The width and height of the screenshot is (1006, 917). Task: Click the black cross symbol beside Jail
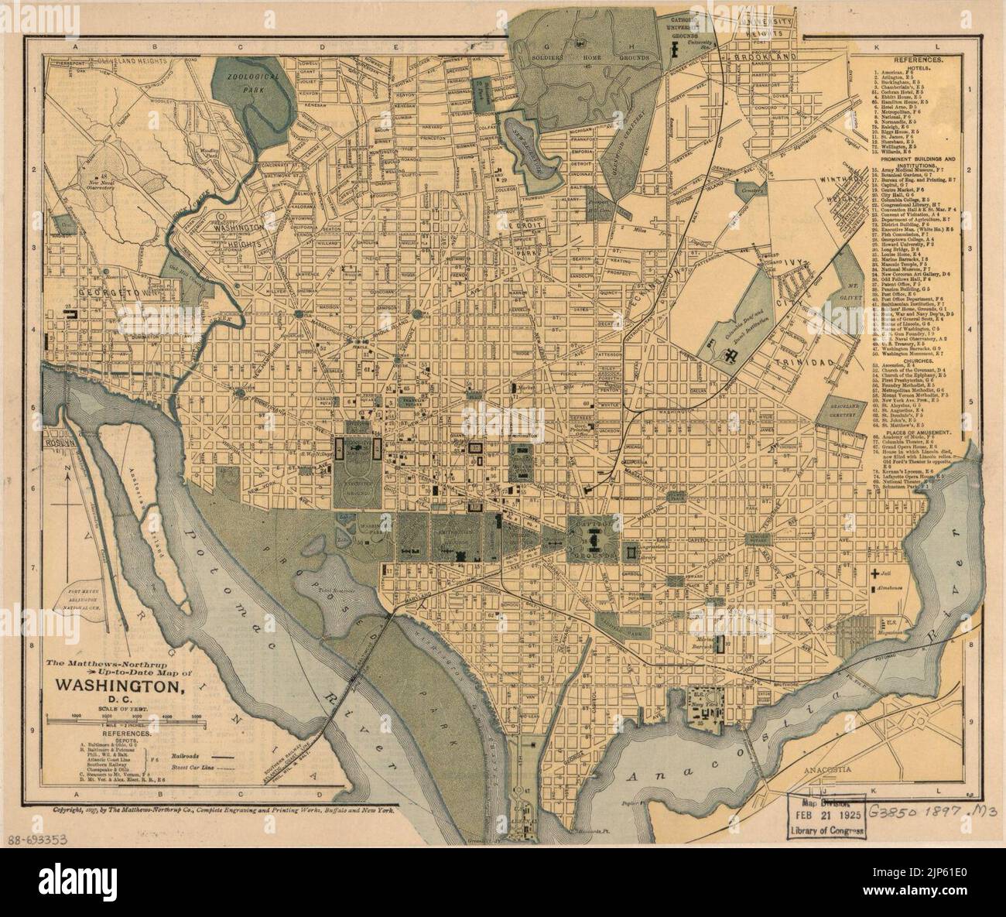coord(874,573)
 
